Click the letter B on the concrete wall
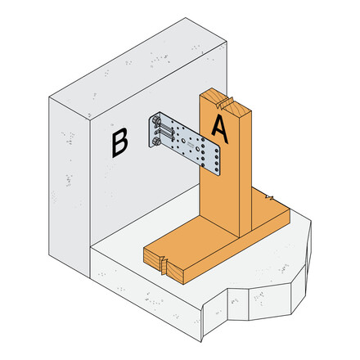pos(119,144)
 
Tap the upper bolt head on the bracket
pos(155,122)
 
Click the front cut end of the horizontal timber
pos(164,260)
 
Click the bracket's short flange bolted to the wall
pos(154,133)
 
